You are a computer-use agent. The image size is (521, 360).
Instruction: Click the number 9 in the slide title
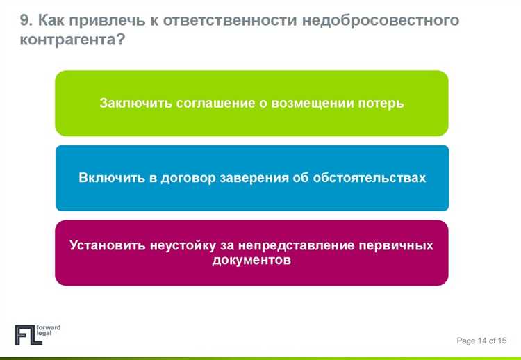tap(24, 20)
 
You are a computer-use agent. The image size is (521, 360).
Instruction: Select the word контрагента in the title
tap(68, 40)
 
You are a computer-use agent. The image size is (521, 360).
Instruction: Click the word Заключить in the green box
tap(135, 104)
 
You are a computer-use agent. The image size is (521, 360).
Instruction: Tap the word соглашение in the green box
tap(212, 104)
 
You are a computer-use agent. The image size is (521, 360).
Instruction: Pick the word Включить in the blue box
tap(111, 178)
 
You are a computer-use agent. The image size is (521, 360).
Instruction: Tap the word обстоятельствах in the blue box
tap(369, 178)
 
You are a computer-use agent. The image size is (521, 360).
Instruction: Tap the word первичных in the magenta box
tap(395, 246)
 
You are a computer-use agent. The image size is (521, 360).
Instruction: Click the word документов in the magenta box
tap(251, 261)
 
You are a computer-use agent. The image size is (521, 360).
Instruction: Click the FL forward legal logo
tap(38, 334)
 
